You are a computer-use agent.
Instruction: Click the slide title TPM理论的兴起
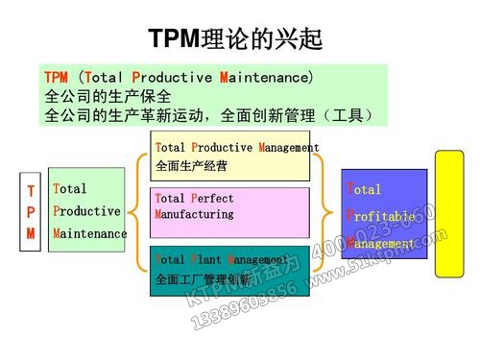coord(235,38)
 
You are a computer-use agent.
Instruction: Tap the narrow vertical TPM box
coord(31,212)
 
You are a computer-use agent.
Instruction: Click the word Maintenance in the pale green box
coord(90,233)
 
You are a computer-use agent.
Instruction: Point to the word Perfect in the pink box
coord(212,199)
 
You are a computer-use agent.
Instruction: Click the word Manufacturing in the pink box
coord(193,214)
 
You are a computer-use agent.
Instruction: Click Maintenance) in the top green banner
coord(267,77)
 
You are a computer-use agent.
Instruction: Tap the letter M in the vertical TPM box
coord(31,233)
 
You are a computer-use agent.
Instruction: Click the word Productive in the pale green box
coord(86,211)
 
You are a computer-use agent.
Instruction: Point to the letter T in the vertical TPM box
coord(31,191)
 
